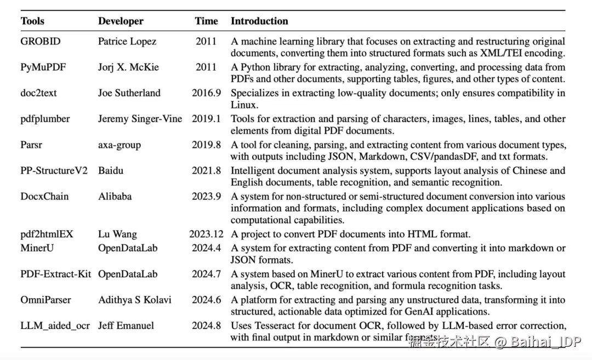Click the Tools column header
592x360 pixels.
pos(32,21)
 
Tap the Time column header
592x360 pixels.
pos(206,21)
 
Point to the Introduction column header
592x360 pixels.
pos(259,21)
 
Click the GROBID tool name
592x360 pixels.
pos(41,41)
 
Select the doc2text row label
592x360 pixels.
pos(38,93)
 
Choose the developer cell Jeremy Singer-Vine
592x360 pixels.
pos(140,119)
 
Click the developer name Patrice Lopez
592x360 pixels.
pos(127,41)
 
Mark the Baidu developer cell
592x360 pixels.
pos(111,170)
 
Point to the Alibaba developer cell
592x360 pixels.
pos(115,196)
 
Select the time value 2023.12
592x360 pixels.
pos(206,234)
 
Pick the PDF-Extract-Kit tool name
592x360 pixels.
pos(56,274)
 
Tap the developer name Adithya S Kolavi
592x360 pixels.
pos(134,300)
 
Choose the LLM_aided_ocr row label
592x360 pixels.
pos(55,325)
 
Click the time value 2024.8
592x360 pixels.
pos(206,325)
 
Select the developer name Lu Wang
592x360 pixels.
pos(117,234)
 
